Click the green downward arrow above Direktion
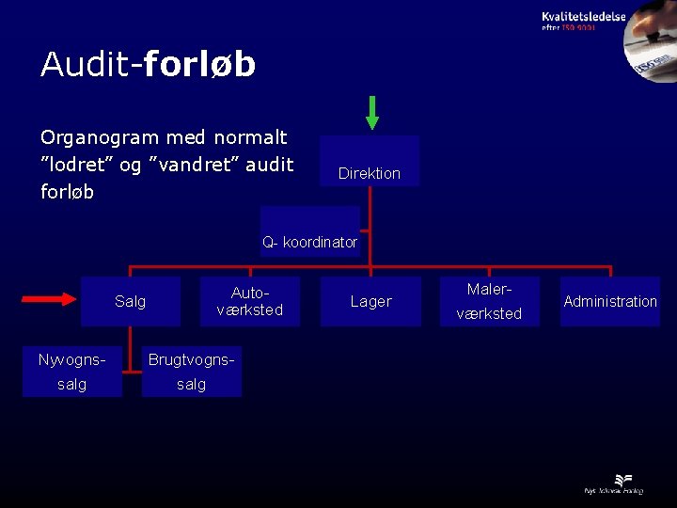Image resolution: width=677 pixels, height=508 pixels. [372, 112]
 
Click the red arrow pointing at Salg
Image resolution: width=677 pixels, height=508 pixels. [48, 300]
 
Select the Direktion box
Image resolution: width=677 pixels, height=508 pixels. [370, 162]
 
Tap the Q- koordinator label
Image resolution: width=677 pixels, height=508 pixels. [309, 242]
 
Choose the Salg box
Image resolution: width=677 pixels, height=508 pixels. [130, 301]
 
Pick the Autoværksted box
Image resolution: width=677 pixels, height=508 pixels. [249, 301]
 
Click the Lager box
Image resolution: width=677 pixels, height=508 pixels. [370, 301]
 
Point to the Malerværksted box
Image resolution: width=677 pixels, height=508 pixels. [489, 301]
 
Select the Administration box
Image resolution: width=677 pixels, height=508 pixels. [610, 301]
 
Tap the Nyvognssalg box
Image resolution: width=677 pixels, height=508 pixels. [72, 372]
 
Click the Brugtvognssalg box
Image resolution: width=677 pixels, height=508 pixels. [192, 372]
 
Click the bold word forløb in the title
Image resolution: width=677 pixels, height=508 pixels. [199, 64]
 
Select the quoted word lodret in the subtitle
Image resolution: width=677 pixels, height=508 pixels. [80, 165]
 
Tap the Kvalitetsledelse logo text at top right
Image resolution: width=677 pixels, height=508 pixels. [583, 16]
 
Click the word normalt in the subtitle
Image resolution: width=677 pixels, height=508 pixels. [250, 137]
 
